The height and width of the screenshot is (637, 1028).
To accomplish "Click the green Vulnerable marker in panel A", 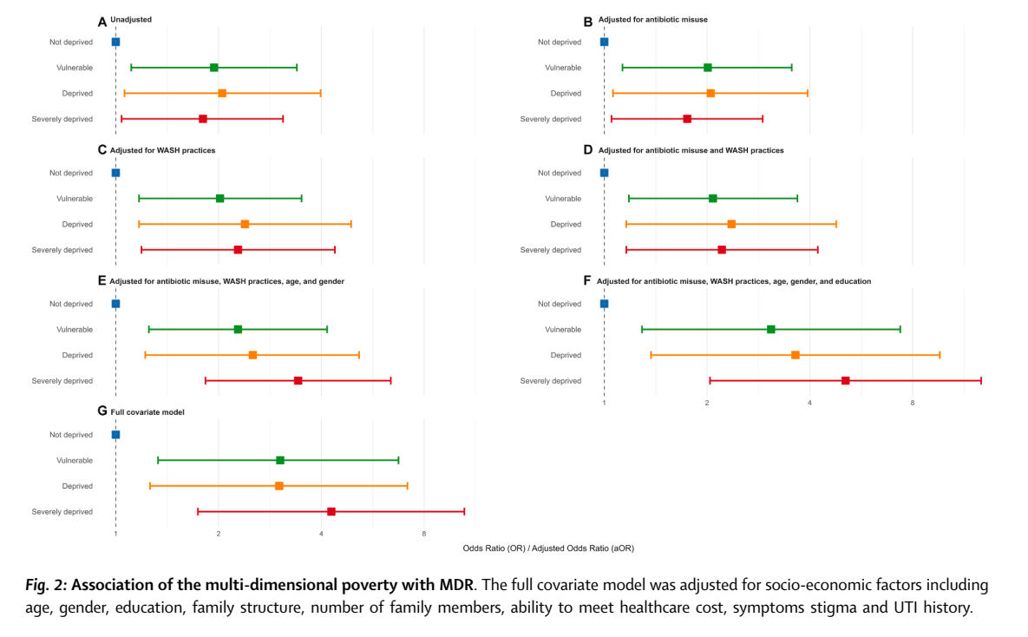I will tap(214, 68).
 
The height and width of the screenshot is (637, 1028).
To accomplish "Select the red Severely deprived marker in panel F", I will tap(846, 381).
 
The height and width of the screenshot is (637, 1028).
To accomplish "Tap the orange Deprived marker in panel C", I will tap(245, 224).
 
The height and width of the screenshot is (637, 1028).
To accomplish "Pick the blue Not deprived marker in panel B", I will tap(604, 42).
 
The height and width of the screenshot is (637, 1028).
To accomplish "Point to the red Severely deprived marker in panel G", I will tap(331, 512).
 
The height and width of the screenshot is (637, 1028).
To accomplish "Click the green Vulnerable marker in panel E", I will tap(238, 330).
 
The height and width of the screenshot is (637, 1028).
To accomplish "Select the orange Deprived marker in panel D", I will tap(731, 224).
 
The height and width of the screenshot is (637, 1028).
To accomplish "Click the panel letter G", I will tap(102, 411).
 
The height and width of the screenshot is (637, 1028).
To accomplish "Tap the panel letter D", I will tap(588, 150).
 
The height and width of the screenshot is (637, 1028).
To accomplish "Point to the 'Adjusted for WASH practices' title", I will tap(163, 150).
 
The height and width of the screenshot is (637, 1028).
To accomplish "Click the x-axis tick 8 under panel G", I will tap(424, 534).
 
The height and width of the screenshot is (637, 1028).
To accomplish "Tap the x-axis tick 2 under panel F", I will tap(707, 403).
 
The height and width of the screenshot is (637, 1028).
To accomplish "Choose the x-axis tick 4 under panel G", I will tap(321, 534).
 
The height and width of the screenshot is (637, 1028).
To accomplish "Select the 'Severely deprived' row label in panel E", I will tap(62, 381).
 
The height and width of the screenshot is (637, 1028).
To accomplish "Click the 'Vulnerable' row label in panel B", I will tap(563, 68).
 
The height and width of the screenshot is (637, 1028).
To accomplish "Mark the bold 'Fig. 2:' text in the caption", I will tap(45, 585).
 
